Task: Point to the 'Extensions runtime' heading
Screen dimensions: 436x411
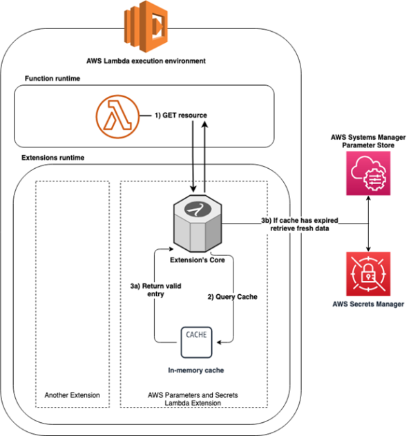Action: [x=55, y=158]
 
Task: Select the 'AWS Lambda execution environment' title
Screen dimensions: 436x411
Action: [x=146, y=61]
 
